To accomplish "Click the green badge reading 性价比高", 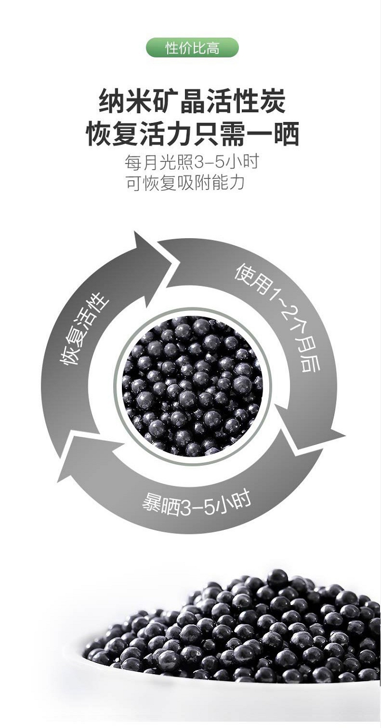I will click(x=192, y=49).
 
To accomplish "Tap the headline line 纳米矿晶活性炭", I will click(x=192, y=101).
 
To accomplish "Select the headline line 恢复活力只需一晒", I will click(x=192, y=135).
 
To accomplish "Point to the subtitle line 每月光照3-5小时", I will click(x=192, y=162).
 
